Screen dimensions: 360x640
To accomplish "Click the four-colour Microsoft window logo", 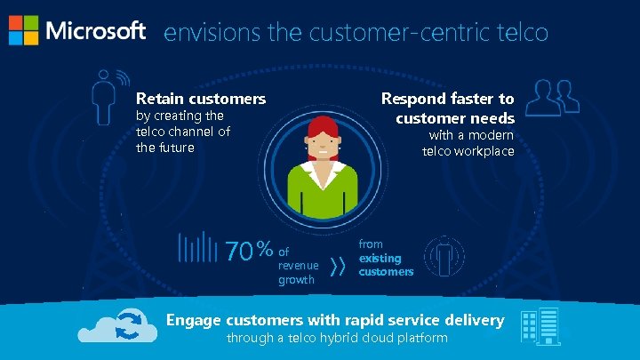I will point(23,30).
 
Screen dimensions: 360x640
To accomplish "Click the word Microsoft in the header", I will point(95,31).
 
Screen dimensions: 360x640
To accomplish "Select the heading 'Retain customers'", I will point(200,99).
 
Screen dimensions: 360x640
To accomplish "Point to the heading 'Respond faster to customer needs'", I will point(448,108).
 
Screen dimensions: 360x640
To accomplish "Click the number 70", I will point(239,252).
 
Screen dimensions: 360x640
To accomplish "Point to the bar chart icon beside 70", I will point(197,248).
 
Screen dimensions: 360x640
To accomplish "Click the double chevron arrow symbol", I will point(338,266).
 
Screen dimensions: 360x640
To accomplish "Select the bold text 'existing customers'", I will point(386,265).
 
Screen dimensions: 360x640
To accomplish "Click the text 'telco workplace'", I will point(468,151).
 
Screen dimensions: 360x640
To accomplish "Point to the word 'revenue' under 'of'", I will point(298,266).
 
